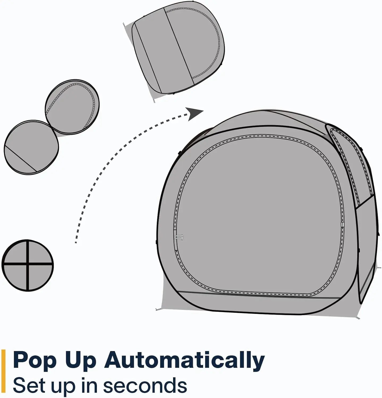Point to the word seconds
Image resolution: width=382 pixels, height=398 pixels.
pos(145,385)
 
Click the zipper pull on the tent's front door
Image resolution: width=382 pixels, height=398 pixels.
pos(179,237)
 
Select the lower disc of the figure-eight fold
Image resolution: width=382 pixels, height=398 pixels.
pos(31,147)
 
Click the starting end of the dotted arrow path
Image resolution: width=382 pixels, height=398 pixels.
pos(76,242)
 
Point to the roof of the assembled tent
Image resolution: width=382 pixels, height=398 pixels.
pos(265,121)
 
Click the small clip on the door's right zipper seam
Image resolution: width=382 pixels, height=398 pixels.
pos(342,225)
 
